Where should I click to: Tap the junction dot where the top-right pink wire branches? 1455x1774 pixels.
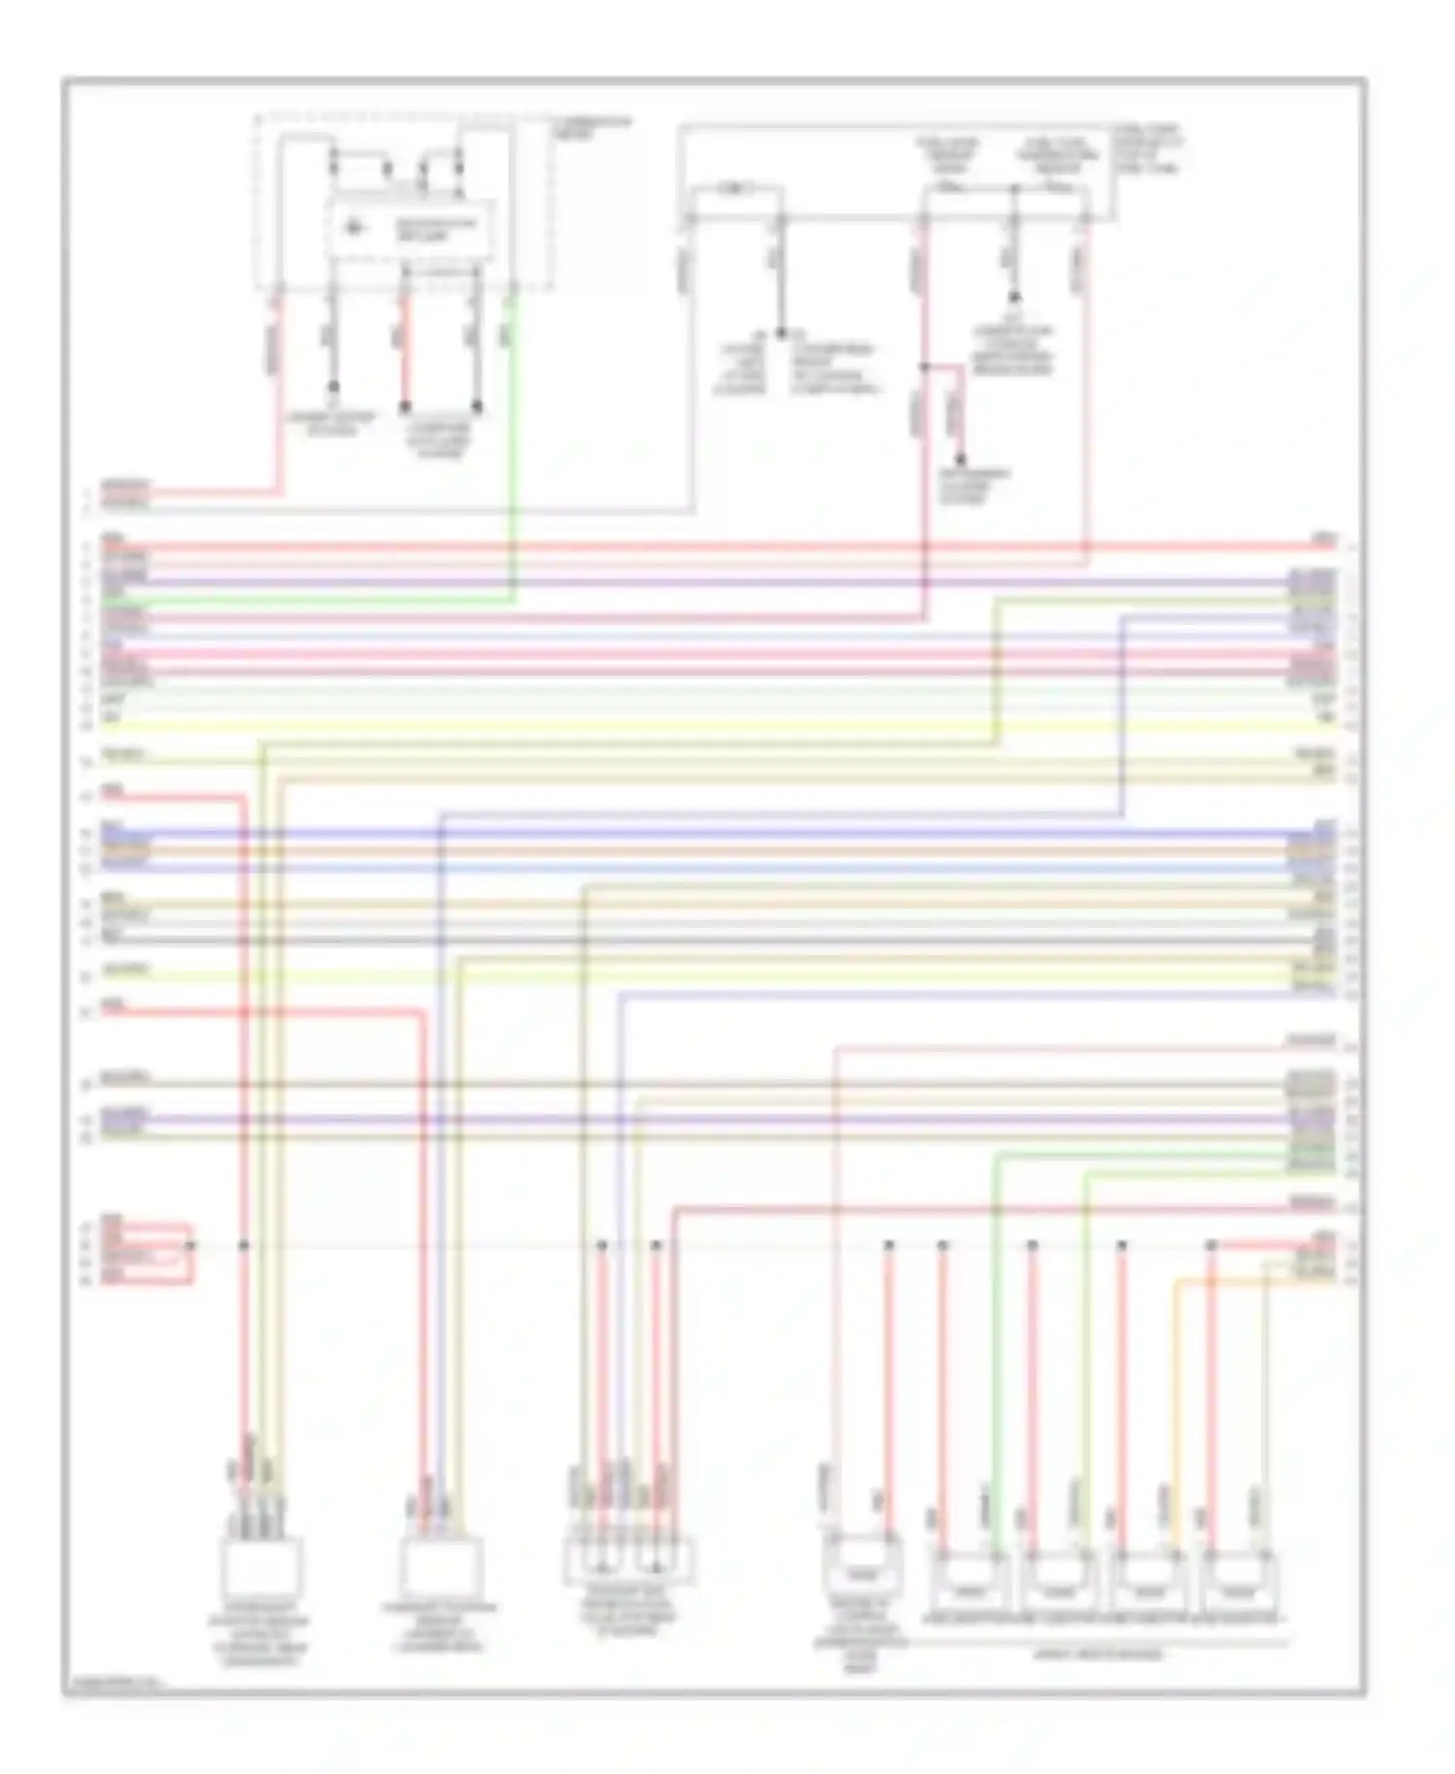tap(923, 368)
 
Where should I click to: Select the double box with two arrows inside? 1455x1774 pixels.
tap(629, 1558)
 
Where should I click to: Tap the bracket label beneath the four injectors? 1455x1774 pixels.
tap(1098, 1654)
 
